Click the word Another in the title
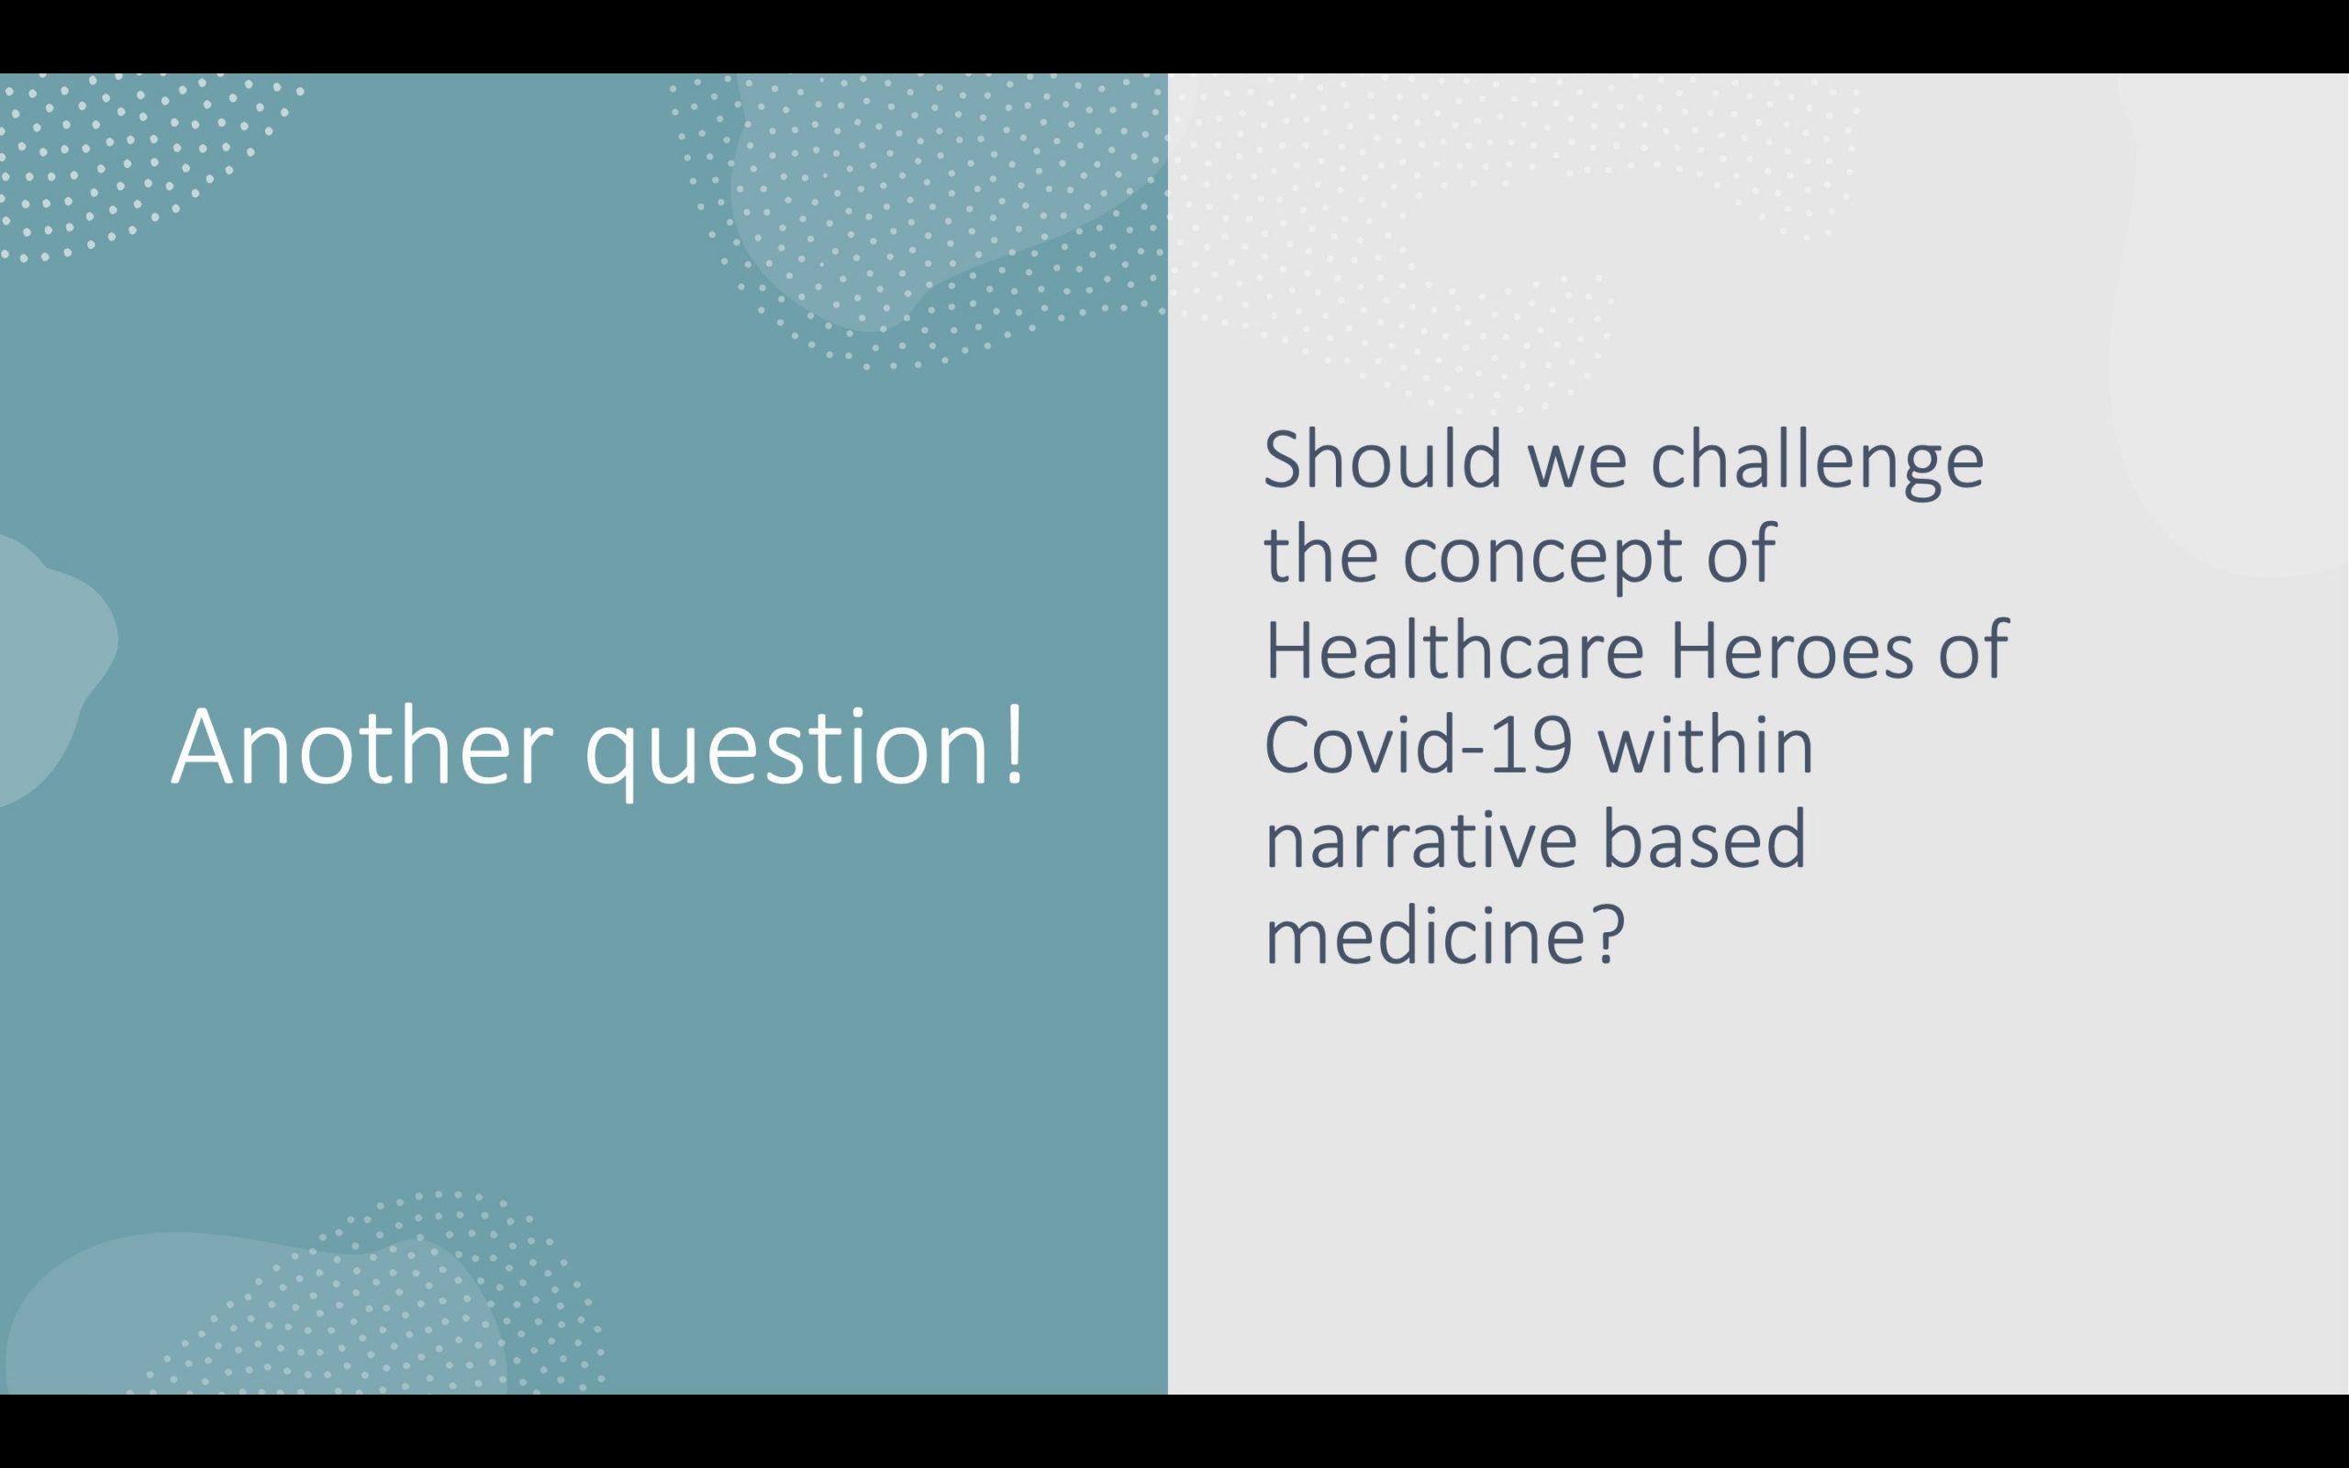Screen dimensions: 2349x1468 tap(362, 746)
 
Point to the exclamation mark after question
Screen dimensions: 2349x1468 tap(1013, 746)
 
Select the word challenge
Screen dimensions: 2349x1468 tap(1817, 464)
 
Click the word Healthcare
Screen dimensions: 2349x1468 tap(1454, 650)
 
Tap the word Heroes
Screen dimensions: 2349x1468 tap(1791, 650)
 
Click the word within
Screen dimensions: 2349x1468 tap(1706, 744)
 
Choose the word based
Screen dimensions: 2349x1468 tap(1705, 839)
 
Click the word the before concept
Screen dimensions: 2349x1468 tap(1321, 554)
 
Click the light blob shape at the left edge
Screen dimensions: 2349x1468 tap(49, 670)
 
